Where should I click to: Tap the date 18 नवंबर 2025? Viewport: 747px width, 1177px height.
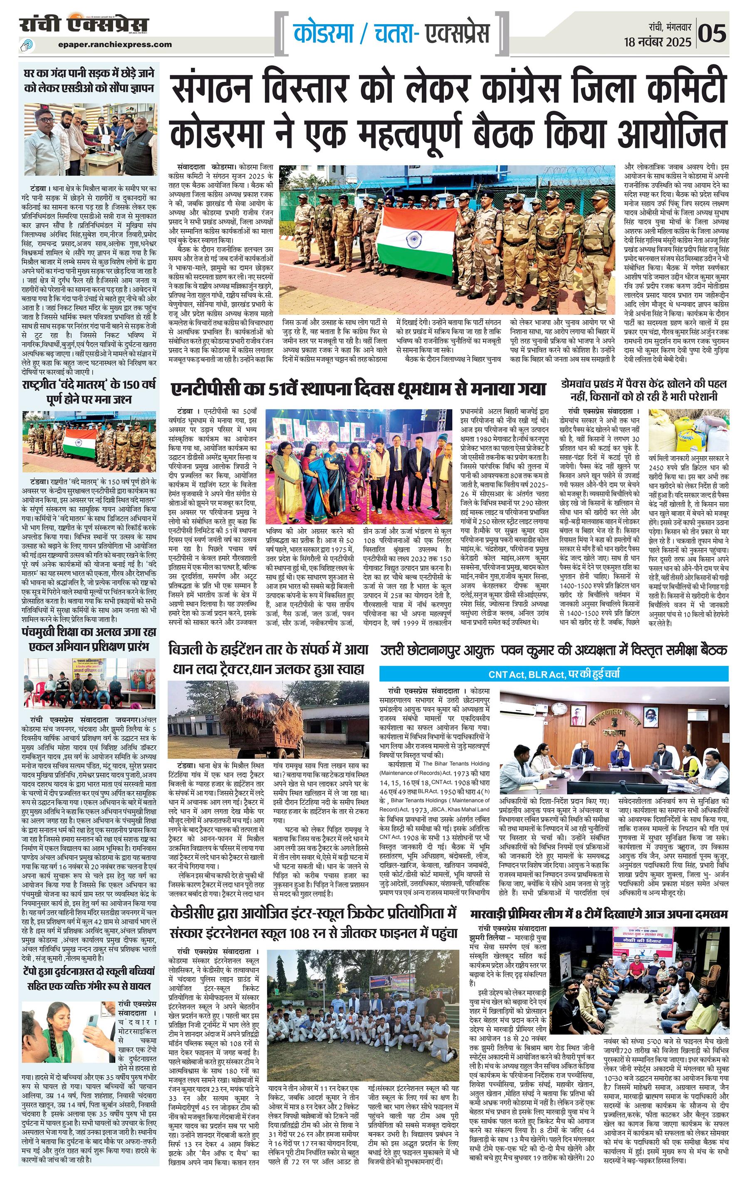pos(658,42)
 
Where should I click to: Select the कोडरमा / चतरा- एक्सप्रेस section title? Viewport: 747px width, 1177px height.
pos(391,33)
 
